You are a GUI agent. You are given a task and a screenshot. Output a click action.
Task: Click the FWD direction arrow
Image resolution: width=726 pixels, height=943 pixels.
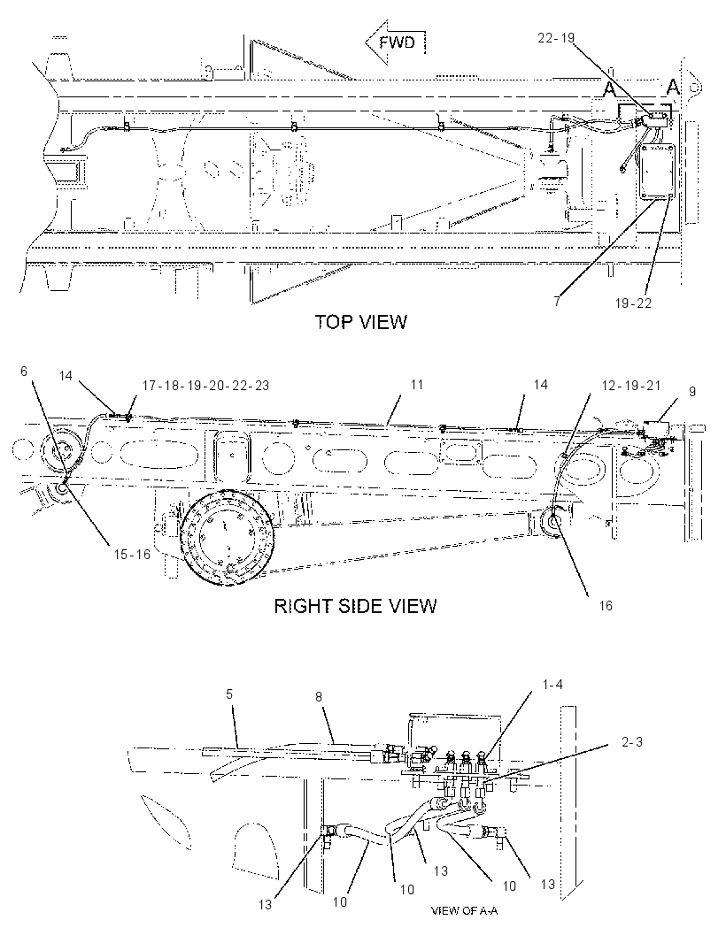(x=395, y=42)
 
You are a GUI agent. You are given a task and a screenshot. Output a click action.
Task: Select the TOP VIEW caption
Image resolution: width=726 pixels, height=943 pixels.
(x=361, y=322)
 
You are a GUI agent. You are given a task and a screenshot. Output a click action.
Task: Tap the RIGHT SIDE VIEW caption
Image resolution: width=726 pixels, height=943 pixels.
(x=355, y=606)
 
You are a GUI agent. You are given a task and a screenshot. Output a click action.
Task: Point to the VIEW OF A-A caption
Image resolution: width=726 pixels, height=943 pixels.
(x=464, y=910)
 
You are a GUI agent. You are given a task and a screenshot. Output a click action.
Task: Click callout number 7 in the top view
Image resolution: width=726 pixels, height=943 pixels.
(x=557, y=302)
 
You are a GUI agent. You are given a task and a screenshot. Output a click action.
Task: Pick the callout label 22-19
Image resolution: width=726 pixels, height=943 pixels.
(x=556, y=38)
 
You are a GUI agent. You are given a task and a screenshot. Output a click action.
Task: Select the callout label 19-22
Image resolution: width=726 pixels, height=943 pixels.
(x=633, y=303)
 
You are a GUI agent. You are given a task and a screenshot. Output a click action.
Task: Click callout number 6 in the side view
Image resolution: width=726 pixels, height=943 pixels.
(x=24, y=371)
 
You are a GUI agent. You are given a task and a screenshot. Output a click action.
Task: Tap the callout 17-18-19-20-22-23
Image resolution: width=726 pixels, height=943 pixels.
(x=206, y=386)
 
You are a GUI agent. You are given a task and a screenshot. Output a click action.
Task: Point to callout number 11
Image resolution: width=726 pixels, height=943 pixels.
(x=417, y=384)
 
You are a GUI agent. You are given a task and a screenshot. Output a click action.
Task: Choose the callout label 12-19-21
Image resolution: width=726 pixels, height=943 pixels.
(x=631, y=386)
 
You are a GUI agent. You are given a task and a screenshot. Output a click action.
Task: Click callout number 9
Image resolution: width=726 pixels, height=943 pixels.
(x=692, y=392)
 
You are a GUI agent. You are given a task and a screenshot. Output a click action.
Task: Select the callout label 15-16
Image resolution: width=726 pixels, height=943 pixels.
(x=132, y=554)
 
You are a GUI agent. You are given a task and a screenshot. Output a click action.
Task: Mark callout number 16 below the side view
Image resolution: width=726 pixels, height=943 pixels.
(x=606, y=606)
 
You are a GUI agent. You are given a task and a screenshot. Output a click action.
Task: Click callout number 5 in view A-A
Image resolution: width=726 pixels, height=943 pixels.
(x=229, y=694)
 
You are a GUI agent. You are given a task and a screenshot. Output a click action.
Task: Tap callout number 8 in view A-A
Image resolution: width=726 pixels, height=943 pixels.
(x=319, y=696)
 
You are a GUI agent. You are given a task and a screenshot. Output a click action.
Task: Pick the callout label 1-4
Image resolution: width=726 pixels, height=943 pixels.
(x=552, y=685)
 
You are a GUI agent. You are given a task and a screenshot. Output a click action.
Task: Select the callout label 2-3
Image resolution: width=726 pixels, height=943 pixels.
(x=632, y=742)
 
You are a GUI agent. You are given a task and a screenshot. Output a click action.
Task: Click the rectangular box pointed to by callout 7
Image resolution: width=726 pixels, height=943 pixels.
(x=657, y=171)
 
